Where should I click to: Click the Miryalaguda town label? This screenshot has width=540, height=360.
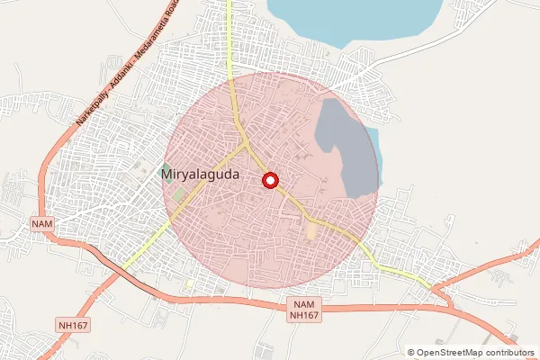point(200,175)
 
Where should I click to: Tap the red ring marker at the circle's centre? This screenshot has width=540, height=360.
point(269,181)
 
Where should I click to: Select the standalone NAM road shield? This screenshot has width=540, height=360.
point(42,222)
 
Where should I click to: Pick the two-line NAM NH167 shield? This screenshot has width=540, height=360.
point(304,310)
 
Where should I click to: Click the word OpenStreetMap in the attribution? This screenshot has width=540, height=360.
point(454,353)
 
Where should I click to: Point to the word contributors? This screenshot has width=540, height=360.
point(513,353)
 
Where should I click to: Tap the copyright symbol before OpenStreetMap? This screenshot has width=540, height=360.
point(410,353)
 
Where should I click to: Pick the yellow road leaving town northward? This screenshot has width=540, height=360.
point(229,36)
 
